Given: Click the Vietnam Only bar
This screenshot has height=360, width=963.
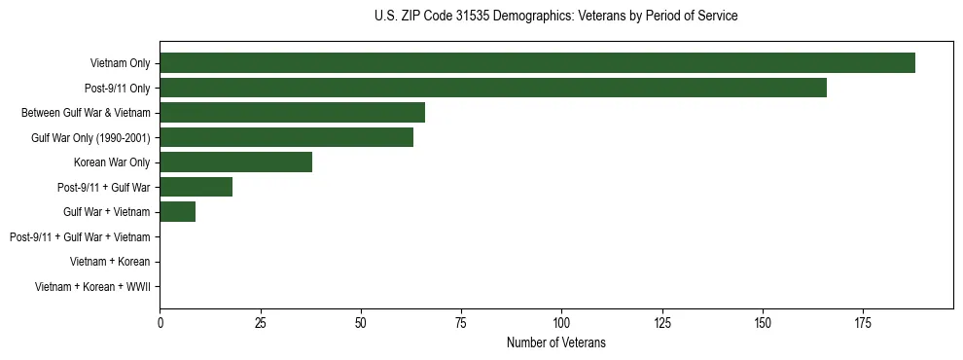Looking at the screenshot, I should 537,63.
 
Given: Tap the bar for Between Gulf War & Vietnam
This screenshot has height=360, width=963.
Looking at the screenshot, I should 292,113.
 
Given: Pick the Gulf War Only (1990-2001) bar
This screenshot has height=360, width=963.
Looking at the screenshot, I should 286,137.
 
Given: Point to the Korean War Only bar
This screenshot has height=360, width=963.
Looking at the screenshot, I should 235,162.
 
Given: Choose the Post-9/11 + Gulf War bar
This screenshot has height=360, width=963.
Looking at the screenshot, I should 196,187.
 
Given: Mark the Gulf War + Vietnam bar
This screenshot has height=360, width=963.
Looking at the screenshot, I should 177,212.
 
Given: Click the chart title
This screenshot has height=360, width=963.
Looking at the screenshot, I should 555,17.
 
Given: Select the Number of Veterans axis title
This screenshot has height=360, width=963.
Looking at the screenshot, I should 555,342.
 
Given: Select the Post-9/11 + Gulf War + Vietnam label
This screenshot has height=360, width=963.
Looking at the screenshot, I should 79,236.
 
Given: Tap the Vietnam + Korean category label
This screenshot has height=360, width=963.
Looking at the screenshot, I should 110,262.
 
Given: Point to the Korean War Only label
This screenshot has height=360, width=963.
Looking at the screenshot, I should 112,162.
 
